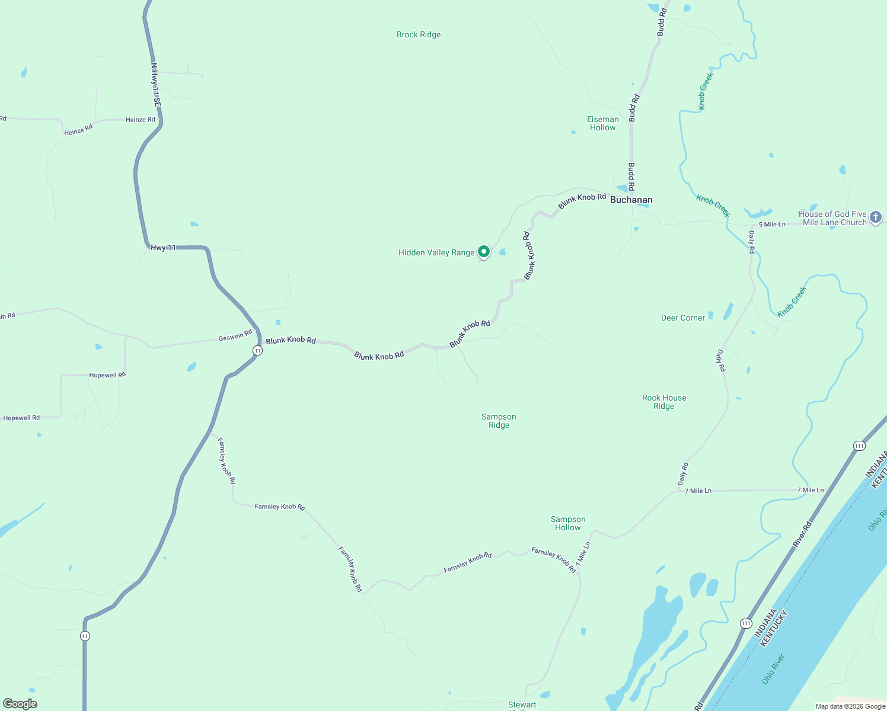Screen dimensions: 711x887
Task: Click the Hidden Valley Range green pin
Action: pyautogui.click(x=484, y=252)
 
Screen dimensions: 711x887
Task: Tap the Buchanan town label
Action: pyautogui.click(x=631, y=200)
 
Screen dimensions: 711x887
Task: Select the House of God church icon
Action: pyautogui.click(x=876, y=217)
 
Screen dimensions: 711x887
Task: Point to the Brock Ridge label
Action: pyautogui.click(x=419, y=35)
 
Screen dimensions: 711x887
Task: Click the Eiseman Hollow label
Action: pyautogui.click(x=603, y=123)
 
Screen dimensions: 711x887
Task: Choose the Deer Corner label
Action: pyautogui.click(x=683, y=318)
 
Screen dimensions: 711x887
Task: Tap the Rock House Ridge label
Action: pyautogui.click(x=664, y=402)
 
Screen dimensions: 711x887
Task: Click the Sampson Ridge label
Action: pyautogui.click(x=499, y=421)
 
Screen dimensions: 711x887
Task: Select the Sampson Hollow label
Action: pyautogui.click(x=568, y=523)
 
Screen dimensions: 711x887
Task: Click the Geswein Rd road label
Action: pyautogui.click(x=235, y=337)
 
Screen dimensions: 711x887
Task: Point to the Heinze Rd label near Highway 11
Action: pyautogui.click(x=140, y=120)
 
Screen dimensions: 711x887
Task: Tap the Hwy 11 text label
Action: pyautogui.click(x=163, y=248)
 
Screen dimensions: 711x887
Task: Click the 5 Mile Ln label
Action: pyautogui.click(x=772, y=225)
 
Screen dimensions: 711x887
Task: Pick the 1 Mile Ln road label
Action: pyautogui.click(x=583, y=553)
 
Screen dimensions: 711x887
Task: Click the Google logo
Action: pyautogui.click(x=20, y=704)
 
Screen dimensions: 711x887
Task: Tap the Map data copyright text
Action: pyautogui.click(x=850, y=706)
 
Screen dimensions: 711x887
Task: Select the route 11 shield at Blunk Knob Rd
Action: pyautogui.click(x=257, y=351)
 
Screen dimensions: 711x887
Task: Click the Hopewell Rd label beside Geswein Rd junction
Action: pyautogui.click(x=107, y=375)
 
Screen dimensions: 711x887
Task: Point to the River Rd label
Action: pyautogui.click(x=802, y=535)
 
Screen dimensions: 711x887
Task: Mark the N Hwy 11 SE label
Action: pyautogui.click(x=156, y=84)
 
